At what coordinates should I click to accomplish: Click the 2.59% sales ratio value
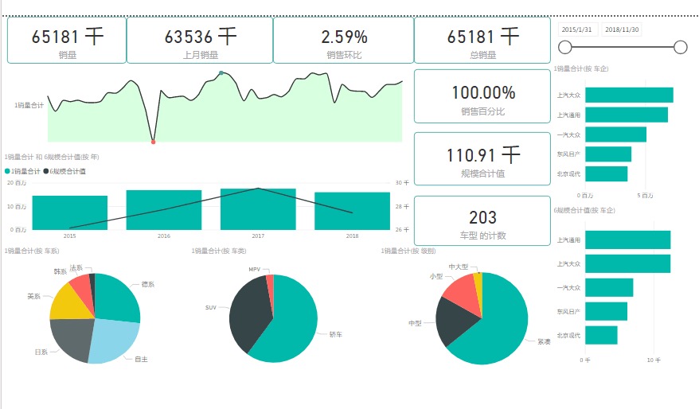click(x=344, y=37)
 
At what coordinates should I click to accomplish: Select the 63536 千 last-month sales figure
click(x=200, y=37)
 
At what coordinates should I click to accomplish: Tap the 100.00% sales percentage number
click(x=483, y=93)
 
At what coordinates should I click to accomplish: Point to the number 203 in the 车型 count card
click(x=483, y=217)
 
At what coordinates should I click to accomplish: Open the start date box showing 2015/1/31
click(x=577, y=29)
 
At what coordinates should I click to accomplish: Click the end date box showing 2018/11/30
click(x=622, y=29)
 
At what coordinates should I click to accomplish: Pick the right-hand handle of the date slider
click(x=680, y=48)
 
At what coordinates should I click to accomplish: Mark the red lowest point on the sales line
click(x=153, y=142)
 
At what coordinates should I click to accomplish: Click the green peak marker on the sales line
click(x=221, y=73)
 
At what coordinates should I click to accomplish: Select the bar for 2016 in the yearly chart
click(x=164, y=210)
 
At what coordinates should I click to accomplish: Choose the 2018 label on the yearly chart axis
click(x=352, y=236)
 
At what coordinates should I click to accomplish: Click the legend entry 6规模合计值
click(x=67, y=171)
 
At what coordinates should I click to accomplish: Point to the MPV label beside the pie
click(x=254, y=270)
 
